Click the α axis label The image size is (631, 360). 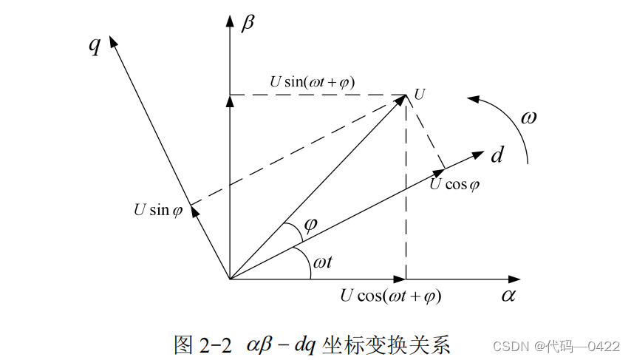508,296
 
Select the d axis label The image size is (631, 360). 497,155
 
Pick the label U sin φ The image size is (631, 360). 157,210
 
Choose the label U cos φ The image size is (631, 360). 454,184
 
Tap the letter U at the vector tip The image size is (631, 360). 420,94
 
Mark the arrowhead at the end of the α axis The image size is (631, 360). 516,279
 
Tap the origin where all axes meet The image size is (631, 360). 230,279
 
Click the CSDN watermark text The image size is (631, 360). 508,346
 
